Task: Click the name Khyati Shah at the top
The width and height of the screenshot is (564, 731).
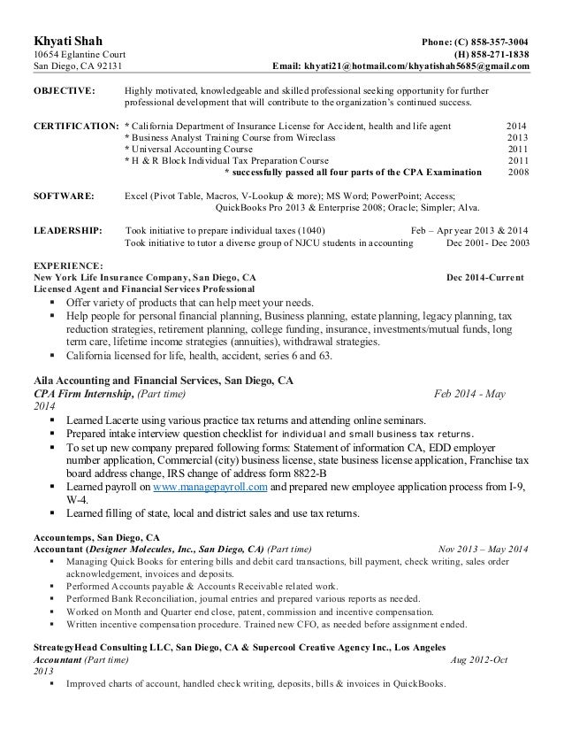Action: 65,42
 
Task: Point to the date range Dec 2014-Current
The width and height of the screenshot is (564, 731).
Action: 485,277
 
